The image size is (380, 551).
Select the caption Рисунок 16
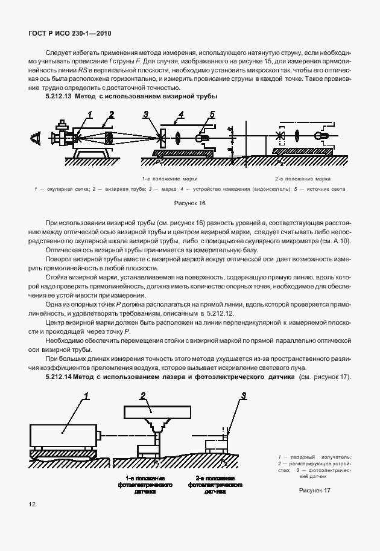[189, 203]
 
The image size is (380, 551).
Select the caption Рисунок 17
[315, 490]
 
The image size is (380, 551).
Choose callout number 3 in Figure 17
[243, 396]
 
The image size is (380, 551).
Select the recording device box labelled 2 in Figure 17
[156, 413]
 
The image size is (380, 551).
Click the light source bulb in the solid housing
[202, 138]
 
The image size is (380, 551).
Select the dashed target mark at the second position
[279, 136]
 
